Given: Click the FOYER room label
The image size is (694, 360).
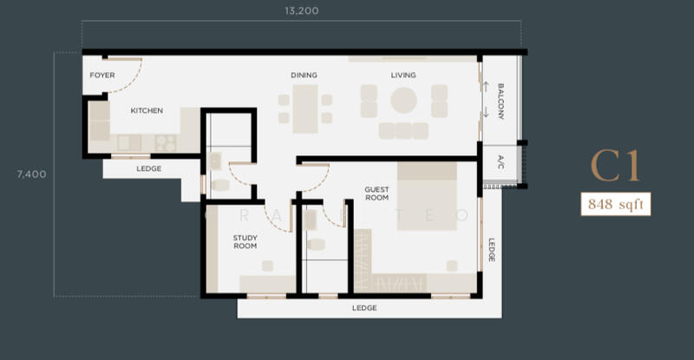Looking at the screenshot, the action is [102, 75].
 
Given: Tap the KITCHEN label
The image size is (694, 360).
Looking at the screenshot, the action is [147, 110].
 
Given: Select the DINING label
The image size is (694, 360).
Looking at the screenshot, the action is [304, 75].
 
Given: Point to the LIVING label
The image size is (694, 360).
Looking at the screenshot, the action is [403, 75].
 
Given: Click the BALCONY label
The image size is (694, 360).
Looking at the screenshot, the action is [501, 101].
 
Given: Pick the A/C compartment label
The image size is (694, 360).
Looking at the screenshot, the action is [501, 162].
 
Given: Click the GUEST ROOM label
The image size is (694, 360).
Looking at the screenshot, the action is [377, 193].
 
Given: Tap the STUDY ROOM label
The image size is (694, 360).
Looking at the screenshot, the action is [246, 242].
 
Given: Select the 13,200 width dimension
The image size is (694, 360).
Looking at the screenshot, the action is [301, 10].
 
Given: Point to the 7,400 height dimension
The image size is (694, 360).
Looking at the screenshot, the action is [31, 174].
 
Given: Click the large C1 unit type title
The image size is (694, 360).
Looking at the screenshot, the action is [615, 166].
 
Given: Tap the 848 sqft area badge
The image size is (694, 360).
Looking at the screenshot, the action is [616, 204].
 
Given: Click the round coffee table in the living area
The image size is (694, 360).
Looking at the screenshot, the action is [403, 100].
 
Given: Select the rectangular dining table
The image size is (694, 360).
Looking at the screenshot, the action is [305, 109].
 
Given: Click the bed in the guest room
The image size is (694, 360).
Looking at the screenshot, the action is [427, 196].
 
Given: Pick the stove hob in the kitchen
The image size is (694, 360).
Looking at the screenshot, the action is [166, 143].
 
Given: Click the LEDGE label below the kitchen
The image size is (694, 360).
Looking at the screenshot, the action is [148, 168].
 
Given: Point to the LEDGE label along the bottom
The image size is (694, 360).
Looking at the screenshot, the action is [364, 308].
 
